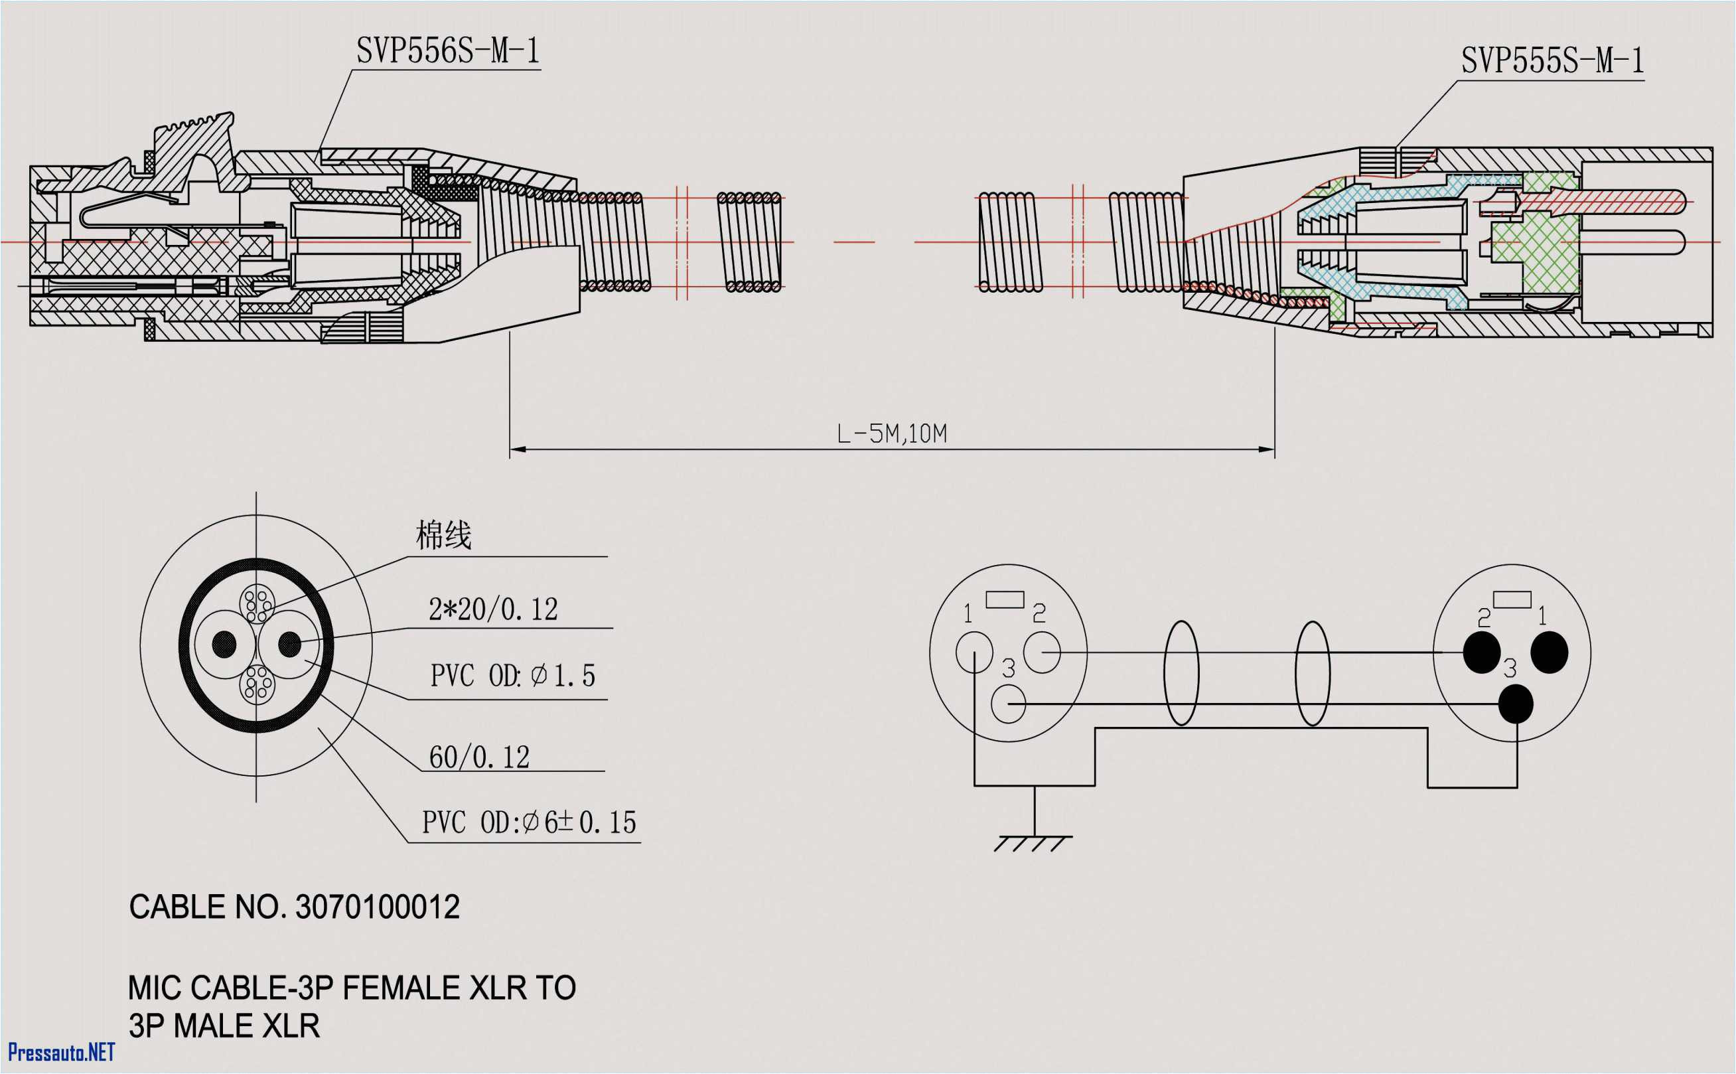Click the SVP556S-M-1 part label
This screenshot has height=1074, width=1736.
point(448,51)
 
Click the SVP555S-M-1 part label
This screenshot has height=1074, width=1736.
point(1552,61)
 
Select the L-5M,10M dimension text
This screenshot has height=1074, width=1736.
point(892,433)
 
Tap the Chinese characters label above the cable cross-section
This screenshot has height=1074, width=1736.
point(443,535)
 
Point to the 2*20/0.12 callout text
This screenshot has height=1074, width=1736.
point(493,609)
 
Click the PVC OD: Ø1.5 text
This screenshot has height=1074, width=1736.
point(512,676)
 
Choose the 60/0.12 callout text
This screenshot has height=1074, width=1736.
point(479,757)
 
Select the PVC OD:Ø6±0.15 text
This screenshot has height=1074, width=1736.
point(529,822)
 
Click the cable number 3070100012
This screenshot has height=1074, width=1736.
point(377,907)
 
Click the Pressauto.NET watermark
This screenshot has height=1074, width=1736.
point(61,1051)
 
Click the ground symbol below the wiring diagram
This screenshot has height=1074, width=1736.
point(1034,842)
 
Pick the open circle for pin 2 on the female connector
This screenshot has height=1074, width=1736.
point(1042,652)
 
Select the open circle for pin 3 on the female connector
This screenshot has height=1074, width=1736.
point(1008,704)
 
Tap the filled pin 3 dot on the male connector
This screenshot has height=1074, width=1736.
point(1515,704)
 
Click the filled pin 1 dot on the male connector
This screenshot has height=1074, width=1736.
point(1550,652)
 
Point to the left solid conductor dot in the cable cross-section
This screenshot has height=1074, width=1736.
point(224,645)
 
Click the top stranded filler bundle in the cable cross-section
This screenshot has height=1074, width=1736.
point(256,603)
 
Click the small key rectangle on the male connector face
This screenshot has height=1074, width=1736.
point(1512,599)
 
